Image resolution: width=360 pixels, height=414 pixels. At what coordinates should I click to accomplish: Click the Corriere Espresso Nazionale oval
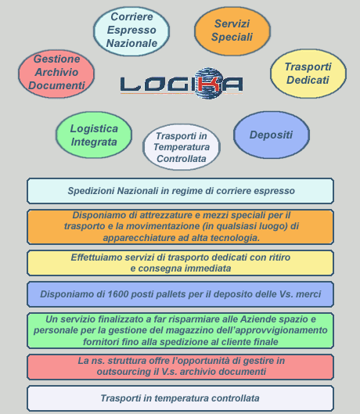(131, 31)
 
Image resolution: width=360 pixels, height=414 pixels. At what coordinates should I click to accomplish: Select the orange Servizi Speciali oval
(232, 31)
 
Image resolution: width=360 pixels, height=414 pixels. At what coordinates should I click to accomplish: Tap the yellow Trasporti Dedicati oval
(308, 74)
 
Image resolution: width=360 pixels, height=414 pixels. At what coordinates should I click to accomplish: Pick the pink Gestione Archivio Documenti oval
(56, 74)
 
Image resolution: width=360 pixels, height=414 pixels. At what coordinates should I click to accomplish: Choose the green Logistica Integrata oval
(94, 135)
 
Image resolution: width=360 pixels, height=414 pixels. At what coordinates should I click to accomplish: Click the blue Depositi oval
(272, 135)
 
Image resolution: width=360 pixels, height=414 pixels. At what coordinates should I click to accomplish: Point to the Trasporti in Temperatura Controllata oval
(182, 147)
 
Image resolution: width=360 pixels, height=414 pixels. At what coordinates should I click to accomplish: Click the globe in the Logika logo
(208, 83)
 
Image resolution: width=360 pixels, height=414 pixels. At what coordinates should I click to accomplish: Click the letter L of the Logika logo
(131, 85)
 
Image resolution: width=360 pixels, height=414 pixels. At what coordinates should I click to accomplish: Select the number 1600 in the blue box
(117, 293)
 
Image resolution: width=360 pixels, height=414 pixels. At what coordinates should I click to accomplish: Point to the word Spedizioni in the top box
(91, 191)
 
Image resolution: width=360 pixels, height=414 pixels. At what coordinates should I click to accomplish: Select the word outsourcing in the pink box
(124, 372)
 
